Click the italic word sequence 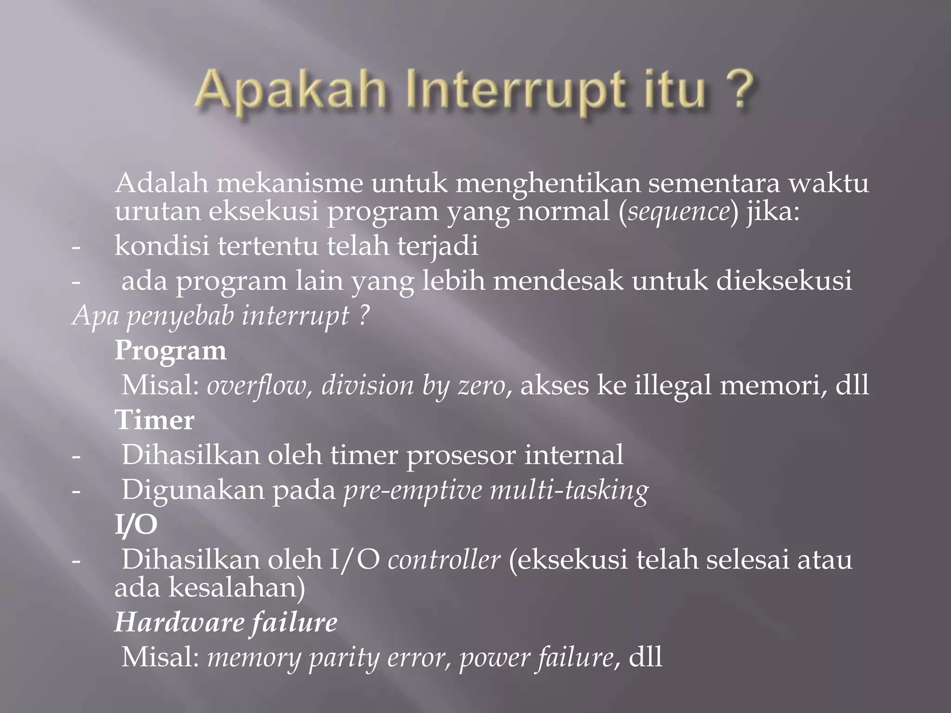click(x=678, y=213)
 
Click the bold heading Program click(x=170, y=351)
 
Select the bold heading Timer click(x=155, y=421)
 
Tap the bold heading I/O click(x=136, y=525)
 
